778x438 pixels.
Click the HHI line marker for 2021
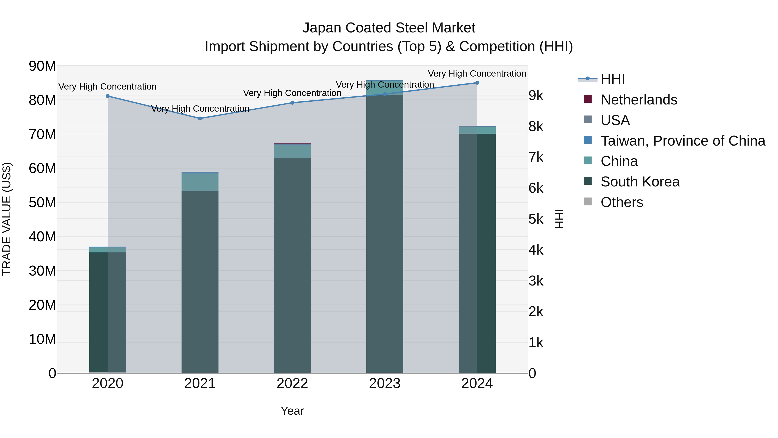point(200,119)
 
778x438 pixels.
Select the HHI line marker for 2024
point(477,83)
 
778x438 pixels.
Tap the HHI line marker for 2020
point(108,96)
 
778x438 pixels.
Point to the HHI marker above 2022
point(292,103)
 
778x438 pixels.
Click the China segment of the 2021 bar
point(200,182)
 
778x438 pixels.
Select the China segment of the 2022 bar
point(292,152)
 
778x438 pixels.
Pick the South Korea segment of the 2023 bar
point(384,233)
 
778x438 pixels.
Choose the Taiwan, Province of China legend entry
point(682,141)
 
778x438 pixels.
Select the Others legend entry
point(622,202)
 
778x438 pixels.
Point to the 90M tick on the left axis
point(42,66)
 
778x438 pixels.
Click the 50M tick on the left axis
point(42,202)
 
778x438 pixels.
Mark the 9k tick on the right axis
point(536,96)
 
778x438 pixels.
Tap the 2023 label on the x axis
point(384,383)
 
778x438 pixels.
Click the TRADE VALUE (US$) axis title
point(7,219)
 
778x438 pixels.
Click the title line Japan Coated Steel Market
point(389,28)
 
